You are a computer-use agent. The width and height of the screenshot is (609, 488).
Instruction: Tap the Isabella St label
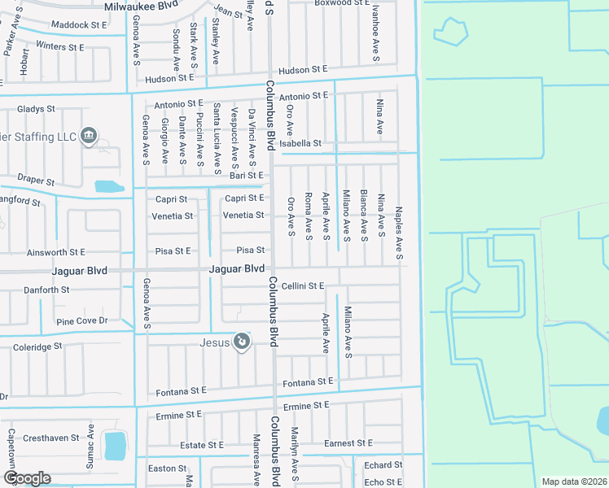tap(300, 143)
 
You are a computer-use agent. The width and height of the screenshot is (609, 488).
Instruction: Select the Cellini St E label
tap(304, 285)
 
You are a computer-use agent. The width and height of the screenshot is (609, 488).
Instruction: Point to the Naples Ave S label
tap(399, 233)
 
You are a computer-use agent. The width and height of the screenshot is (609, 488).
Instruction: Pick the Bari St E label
tap(247, 175)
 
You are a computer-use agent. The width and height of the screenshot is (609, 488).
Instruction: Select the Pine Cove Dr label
tap(81, 321)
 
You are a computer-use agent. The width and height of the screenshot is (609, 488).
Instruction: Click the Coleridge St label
tap(37, 346)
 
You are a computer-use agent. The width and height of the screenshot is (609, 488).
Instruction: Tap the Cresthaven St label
tap(52, 437)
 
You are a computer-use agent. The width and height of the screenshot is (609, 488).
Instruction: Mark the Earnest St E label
tap(348, 443)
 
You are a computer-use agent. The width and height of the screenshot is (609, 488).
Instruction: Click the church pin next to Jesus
tap(241, 342)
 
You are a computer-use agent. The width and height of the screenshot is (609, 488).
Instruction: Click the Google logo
tap(27, 478)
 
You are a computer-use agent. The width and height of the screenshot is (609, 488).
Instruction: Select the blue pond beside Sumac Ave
tap(116, 445)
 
